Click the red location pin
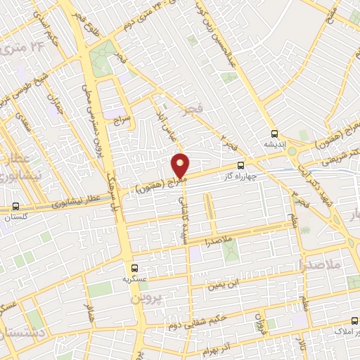pyautogui.click(x=181, y=165)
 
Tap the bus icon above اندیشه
pyautogui.click(x=274, y=134)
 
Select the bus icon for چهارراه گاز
pyautogui.click(x=242, y=167)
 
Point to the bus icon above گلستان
pyautogui.click(x=15, y=207)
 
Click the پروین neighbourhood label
pyautogui.click(x=147, y=297)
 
